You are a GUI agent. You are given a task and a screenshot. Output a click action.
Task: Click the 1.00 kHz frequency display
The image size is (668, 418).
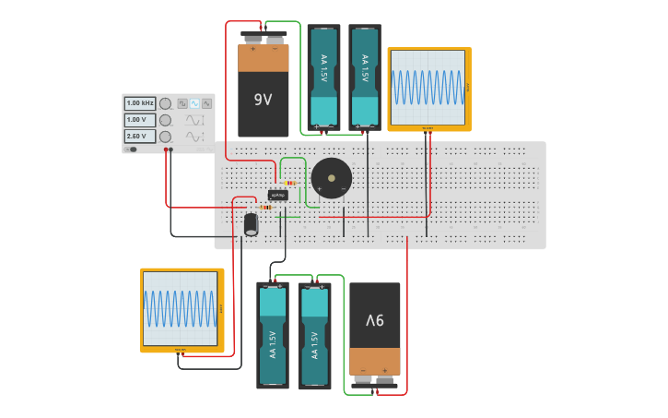[140, 103]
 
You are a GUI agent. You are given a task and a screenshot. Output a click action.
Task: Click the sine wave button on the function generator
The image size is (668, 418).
[194, 103]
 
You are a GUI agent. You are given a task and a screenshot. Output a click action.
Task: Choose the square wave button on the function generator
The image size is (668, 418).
[182, 103]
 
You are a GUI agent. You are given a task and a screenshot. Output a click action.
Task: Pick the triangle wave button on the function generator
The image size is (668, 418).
[206, 103]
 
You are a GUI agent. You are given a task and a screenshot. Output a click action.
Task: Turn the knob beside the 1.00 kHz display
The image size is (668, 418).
[165, 103]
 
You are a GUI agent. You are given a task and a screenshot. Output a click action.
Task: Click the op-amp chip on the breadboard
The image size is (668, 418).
[277, 195]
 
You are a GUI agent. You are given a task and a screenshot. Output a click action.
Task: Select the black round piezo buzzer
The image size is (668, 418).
[331, 177]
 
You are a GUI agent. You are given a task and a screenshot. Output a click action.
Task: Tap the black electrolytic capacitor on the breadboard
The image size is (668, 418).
[251, 224]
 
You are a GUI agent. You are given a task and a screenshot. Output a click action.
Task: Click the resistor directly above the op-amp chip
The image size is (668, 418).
[290, 183]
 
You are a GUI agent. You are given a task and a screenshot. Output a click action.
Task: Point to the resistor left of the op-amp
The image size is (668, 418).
[266, 207]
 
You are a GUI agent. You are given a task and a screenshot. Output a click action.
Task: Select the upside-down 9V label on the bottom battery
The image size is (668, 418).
[374, 320]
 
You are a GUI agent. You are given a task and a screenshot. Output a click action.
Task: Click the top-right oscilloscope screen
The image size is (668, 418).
[428, 88]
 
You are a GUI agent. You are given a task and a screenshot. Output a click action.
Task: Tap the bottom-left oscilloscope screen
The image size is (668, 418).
[181, 308]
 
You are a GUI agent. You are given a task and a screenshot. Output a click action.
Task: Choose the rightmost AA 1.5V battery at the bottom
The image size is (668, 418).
[314, 337]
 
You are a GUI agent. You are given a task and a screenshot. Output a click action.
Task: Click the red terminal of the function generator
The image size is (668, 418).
[166, 149]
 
